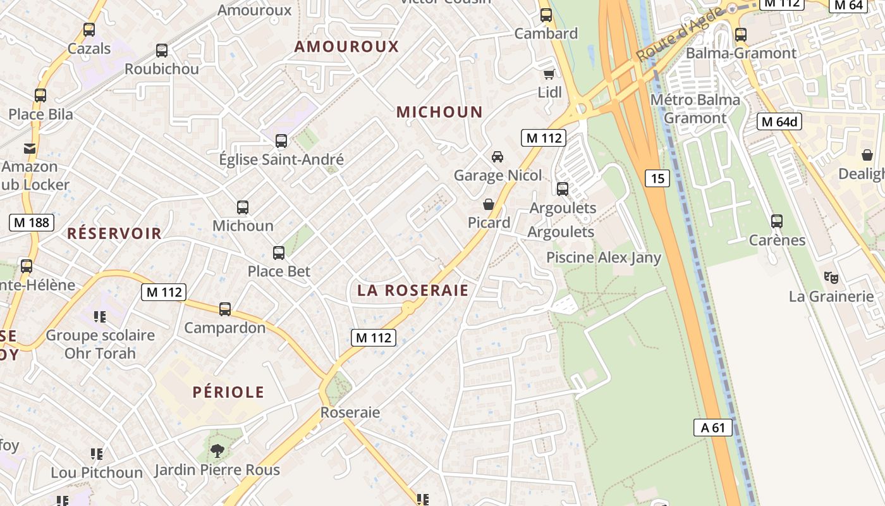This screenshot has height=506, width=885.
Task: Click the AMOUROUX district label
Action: [346, 46]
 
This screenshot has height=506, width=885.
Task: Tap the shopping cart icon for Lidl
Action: [549, 74]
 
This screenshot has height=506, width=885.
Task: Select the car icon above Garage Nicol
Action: [497, 156]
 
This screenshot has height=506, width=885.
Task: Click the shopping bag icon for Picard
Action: [489, 204]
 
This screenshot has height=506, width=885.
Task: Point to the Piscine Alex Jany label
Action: [603, 257]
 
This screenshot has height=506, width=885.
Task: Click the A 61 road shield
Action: [712, 428]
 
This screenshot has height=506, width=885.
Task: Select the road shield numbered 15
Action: [657, 178]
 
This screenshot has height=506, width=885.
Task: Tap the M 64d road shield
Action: [779, 121]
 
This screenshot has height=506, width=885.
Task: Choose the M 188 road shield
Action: [32, 222]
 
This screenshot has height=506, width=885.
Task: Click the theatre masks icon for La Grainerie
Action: [831, 277]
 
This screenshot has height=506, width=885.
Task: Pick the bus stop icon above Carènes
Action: [777, 221]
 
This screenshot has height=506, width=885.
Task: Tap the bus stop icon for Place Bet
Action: [279, 253]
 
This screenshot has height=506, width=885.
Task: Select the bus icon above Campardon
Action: [225, 309]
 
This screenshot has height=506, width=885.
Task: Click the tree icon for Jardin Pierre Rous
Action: [217, 451]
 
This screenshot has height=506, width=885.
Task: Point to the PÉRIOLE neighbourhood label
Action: [228, 392]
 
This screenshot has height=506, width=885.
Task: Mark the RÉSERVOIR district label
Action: [114, 233]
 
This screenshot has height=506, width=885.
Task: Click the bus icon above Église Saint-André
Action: [281, 141]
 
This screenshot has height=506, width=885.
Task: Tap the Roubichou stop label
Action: [162, 69]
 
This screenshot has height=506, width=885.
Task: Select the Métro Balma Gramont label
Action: [695, 109]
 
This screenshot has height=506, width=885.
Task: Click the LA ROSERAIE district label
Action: [413, 290]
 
